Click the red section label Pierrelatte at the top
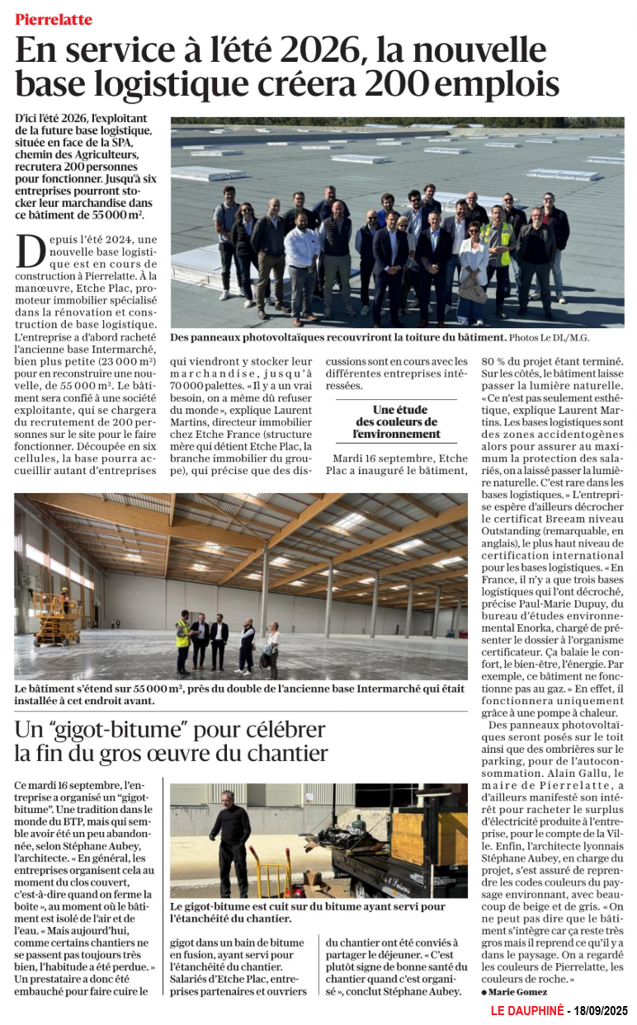tap(53, 19)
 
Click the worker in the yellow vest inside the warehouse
tap(182, 641)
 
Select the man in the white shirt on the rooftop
tap(302, 264)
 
